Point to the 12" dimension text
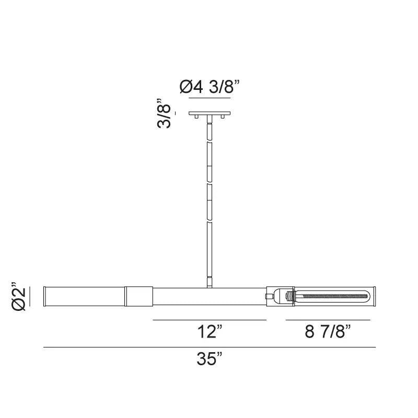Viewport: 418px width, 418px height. [x=210, y=332]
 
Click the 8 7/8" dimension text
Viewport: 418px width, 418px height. [x=328, y=332]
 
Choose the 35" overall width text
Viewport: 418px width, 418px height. [x=210, y=359]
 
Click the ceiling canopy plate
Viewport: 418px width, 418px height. [x=210, y=113]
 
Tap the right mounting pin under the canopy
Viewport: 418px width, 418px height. [x=223, y=118]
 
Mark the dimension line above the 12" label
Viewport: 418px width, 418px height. [x=210, y=320]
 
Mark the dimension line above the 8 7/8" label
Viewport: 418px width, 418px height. [x=328, y=320]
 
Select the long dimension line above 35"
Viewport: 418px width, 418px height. [x=210, y=347]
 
